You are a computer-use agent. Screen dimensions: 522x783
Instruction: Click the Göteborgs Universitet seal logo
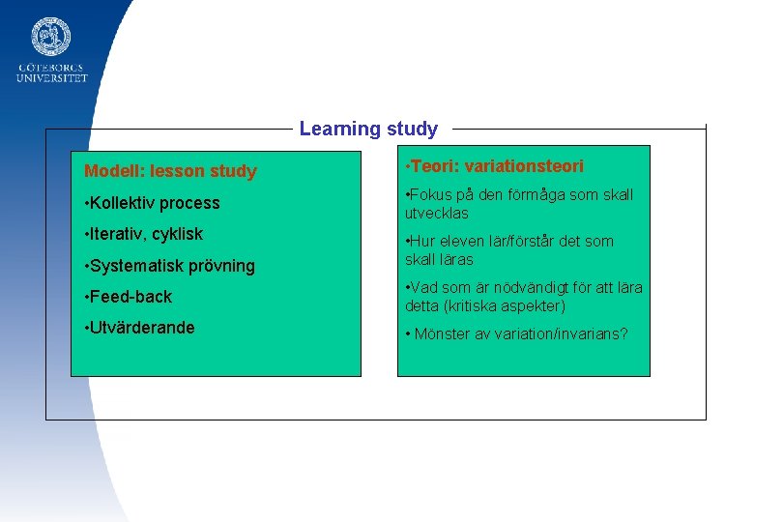click(51, 36)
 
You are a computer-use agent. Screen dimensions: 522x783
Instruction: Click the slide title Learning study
click(368, 129)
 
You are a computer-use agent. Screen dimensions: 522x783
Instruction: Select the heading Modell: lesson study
click(170, 172)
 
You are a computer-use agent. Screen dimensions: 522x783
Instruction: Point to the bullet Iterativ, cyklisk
click(146, 234)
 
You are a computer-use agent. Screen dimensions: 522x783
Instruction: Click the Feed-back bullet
click(130, 297)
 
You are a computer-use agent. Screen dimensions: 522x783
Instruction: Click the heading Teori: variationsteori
click(496, 166)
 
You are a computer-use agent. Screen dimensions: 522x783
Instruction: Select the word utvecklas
click(436, 213)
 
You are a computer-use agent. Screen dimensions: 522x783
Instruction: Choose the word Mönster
click(442, 333)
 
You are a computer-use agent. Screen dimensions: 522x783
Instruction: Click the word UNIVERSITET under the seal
click(51, 78)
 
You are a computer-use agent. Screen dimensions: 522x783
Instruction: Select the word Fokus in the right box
click(433, 194)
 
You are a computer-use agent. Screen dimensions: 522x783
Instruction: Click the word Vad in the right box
click(427, 287)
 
